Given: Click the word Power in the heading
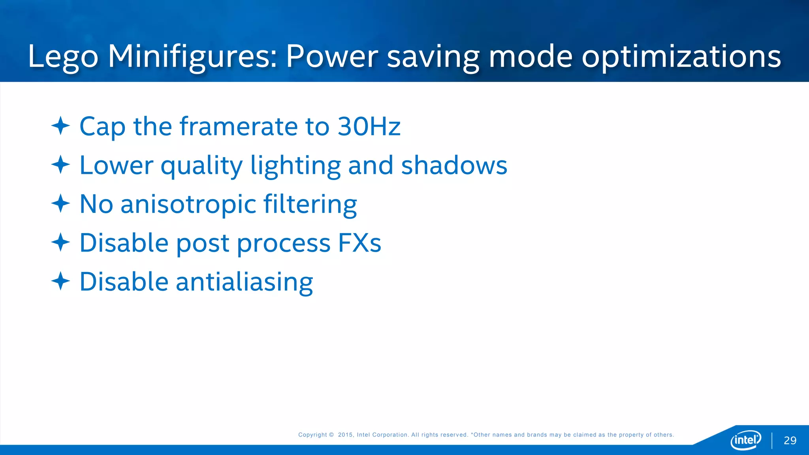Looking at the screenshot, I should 332,56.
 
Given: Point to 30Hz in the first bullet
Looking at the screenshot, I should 369,126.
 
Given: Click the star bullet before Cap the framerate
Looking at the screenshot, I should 60,126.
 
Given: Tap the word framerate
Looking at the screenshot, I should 238,126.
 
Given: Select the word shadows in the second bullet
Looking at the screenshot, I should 454,165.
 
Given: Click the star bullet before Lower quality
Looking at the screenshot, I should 60,165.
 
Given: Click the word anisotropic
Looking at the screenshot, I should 188,205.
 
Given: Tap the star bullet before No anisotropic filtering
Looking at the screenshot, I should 60,203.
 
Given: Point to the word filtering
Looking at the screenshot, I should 310,205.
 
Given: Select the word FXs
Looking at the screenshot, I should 359,243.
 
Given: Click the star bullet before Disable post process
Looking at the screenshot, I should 60,242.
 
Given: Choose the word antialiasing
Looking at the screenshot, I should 244,282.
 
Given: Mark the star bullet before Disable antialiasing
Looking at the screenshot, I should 60,281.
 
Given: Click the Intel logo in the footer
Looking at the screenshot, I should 745,440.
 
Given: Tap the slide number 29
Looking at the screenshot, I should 790,440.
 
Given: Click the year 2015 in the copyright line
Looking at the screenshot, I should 345,435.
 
